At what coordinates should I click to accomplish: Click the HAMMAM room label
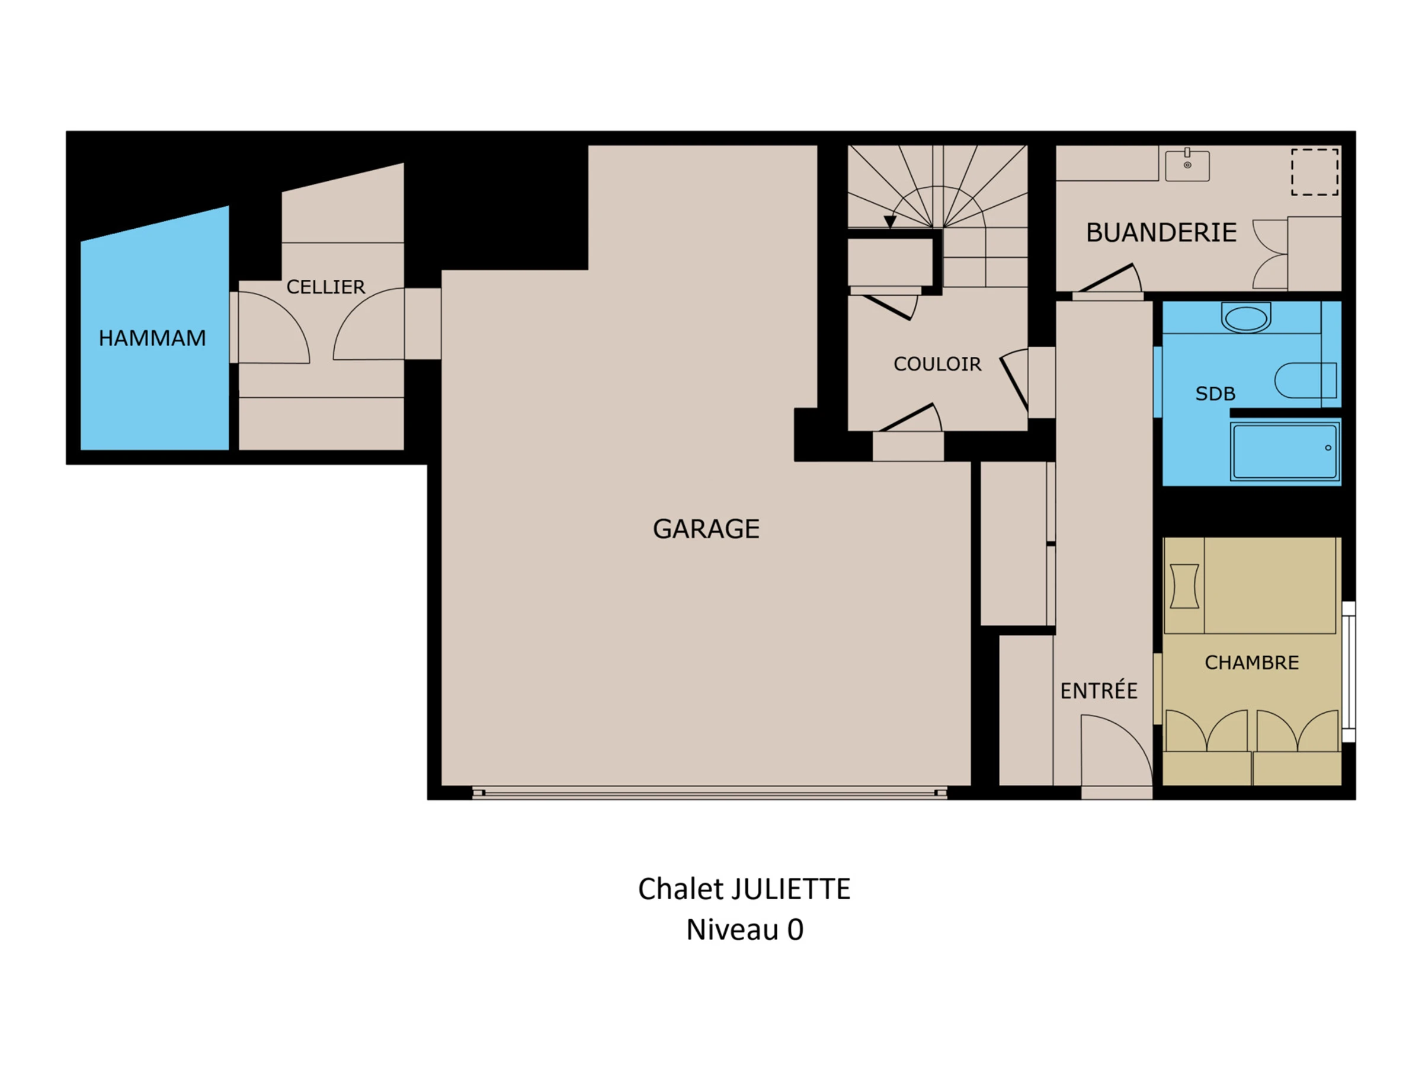(x=152, y=338)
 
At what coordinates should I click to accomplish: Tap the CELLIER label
(x=325, y=287)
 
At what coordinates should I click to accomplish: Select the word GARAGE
(x=706, y=529)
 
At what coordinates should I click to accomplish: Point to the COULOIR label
(x=937, y=364)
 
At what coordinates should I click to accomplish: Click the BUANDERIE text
(x=1161, y=232)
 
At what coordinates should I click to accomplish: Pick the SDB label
(x=1215, y=394)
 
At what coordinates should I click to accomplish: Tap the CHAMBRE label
(x=1251, y=663)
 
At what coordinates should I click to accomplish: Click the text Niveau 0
(x=744, y=930)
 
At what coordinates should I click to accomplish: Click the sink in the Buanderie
(x=1187, y=165)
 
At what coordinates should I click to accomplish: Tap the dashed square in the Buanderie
(x=1315, y=172)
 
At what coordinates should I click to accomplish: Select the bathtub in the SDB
(x=1285, y=452)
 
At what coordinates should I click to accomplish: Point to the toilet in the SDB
(x=1306, y=380)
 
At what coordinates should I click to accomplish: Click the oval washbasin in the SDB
(x=1246, y=318)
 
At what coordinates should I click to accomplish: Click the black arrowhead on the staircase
(x=890, y=222)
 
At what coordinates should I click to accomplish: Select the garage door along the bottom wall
(x=710, y=793)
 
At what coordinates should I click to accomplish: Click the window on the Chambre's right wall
(x=1349, y=672)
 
